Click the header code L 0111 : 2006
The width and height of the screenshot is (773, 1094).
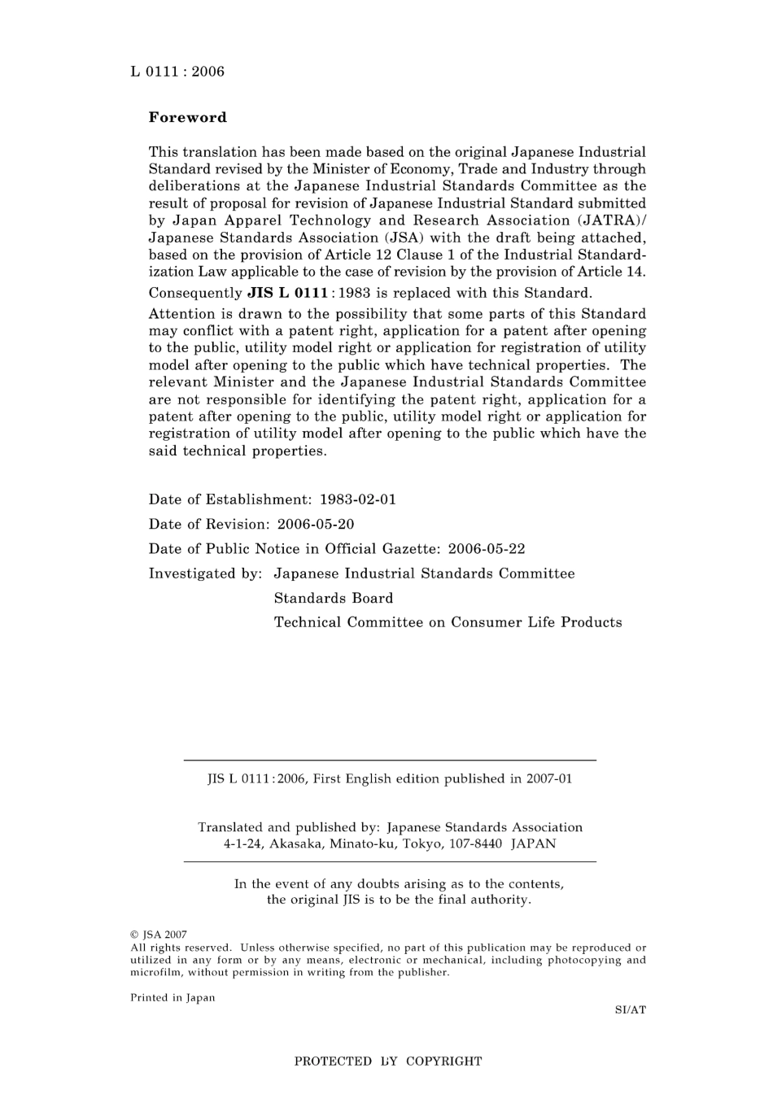[177, 72]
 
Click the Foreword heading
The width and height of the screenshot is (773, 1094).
[187, 117]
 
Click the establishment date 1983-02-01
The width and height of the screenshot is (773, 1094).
[358, 499]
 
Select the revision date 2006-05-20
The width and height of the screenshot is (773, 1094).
[316, 524]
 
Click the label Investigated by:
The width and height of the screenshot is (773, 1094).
[205, 573]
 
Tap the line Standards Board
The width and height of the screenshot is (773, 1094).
[334, 598]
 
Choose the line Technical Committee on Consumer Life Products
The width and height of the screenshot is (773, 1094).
[448, 622]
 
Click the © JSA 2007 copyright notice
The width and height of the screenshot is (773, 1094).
[159, 935]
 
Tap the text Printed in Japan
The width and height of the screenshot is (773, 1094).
[173, 998]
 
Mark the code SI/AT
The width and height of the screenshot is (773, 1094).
[631, 1010]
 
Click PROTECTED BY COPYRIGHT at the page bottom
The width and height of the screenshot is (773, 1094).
[388, 1061]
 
